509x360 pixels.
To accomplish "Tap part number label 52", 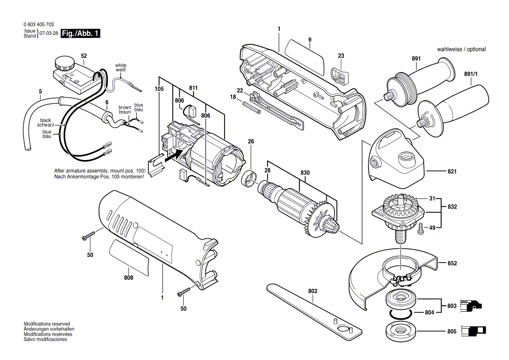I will pos(84,56).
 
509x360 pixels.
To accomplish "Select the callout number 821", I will pos(452,172).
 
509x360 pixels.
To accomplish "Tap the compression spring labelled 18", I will pos(251,108).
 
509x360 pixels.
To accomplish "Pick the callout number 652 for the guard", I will pos(452,263).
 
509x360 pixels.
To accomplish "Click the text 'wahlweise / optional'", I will pos(461,50).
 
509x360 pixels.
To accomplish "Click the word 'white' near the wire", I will pos(121,65).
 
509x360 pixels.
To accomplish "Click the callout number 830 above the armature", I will pos(305,173).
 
